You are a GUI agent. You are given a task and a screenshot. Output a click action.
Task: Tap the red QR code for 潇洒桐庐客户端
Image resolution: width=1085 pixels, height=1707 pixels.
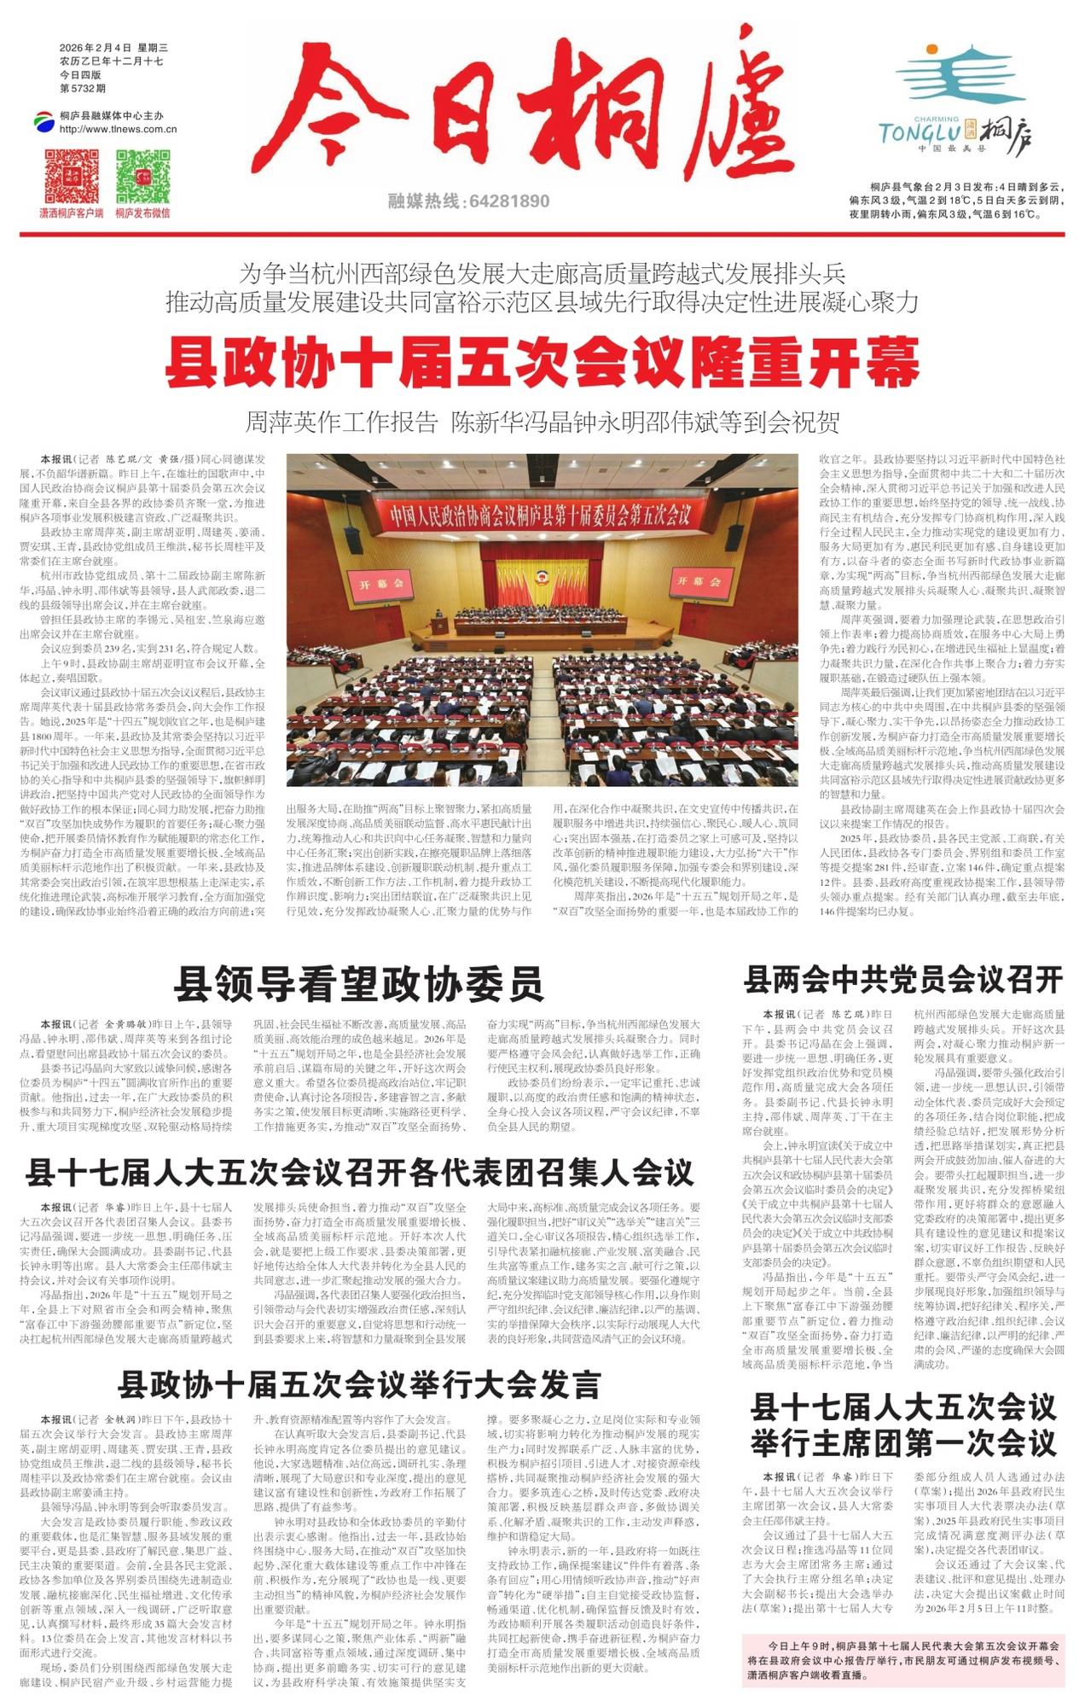pos(72,176)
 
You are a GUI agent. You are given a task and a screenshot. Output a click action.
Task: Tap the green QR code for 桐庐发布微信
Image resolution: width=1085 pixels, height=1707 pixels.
pos(143,176)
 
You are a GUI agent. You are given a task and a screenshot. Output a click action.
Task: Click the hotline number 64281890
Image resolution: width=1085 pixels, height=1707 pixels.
pos(508,201)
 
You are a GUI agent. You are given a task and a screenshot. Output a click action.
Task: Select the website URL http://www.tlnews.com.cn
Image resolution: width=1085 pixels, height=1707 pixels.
pos(118,130)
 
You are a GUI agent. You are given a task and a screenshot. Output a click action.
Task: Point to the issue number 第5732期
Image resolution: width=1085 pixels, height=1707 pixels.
pos(83,88)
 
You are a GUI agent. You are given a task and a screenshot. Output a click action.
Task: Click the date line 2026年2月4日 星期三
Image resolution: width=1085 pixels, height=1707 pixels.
pos(114,48)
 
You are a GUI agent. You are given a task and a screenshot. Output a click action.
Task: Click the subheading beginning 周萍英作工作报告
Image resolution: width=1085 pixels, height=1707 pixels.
pos(542,422)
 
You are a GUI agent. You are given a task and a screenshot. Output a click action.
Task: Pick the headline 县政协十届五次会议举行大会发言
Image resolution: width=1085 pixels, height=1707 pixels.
pos(359,1384)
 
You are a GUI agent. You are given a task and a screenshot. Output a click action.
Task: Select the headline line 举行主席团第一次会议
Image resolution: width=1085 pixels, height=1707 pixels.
pos(903,1443)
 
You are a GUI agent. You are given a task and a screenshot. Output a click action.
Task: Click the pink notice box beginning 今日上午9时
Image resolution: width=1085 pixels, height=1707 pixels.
pos(903,1659)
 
